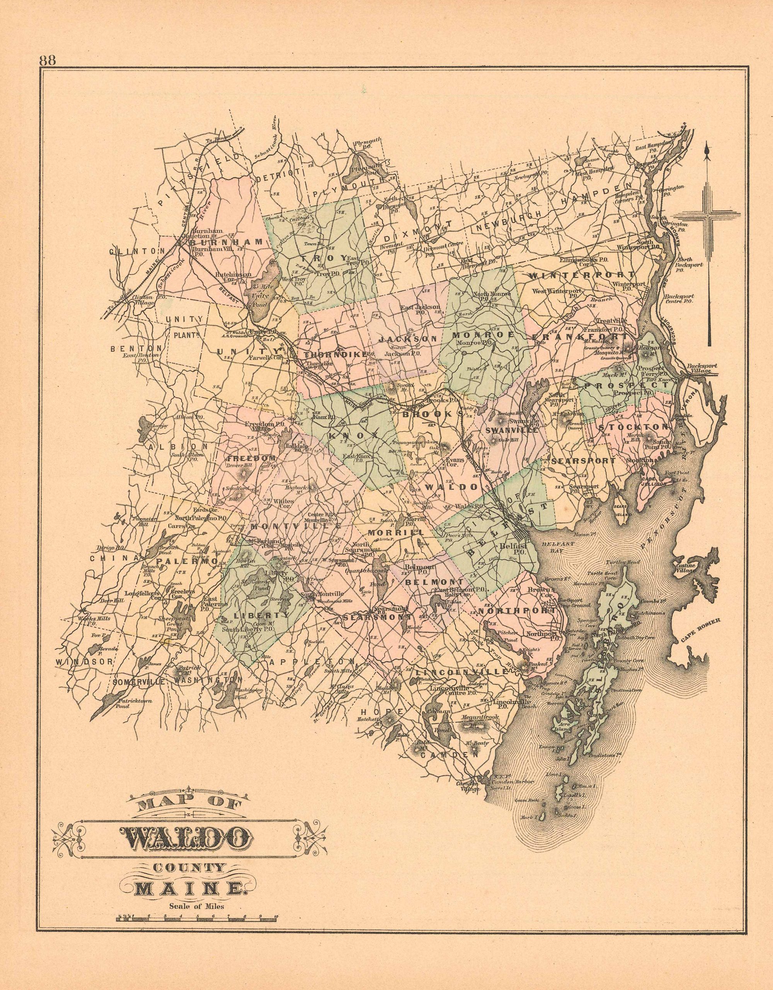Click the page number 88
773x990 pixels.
point(48,61)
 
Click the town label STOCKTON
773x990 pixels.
point(633,427)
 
